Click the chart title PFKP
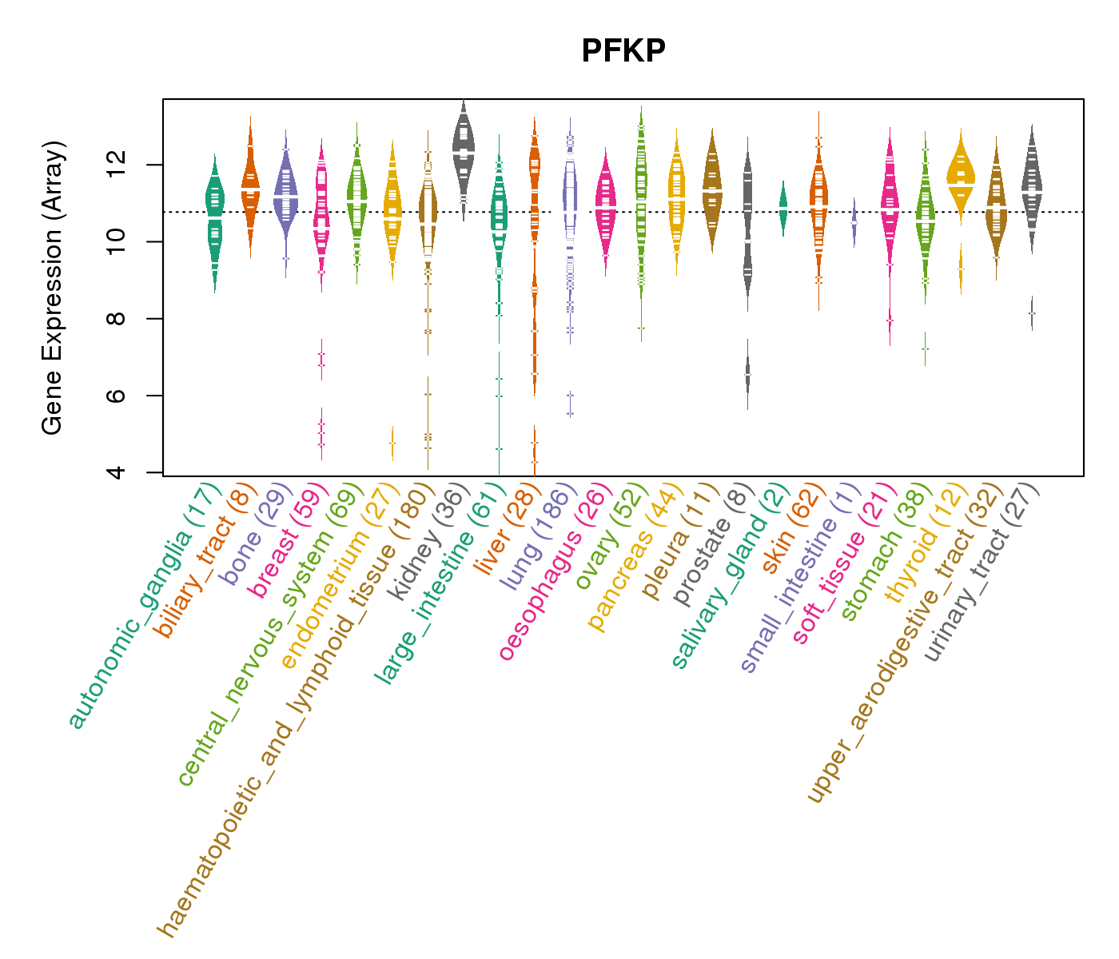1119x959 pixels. (623, 51)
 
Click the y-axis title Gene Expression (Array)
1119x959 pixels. (53, 288)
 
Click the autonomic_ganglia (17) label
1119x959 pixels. (144, 607)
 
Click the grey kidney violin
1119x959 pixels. (464, 148)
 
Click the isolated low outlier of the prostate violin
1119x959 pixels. (748, 374)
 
